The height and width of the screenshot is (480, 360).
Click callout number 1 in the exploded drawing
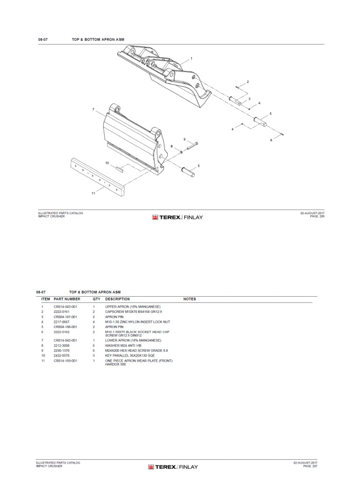[192, 59]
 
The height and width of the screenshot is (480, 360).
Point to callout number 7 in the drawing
[93, 109]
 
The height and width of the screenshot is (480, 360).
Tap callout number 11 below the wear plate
[93, 193]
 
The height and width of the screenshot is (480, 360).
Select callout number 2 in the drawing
[247, 82]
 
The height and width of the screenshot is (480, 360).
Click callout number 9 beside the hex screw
[184, 139]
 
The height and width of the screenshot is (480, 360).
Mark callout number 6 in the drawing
[270, 140]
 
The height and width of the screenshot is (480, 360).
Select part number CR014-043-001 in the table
[65, 306]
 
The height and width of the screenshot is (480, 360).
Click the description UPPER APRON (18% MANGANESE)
[133, 306]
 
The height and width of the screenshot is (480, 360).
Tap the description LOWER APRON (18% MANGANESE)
[133, 340]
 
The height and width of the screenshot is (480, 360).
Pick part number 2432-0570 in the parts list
[62, 356]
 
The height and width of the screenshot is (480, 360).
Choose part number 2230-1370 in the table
[62, 351]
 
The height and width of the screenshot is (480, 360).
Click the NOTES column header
[189, 299]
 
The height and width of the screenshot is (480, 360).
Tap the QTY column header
[96, 299]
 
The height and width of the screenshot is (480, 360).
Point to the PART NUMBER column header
[67, 299]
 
